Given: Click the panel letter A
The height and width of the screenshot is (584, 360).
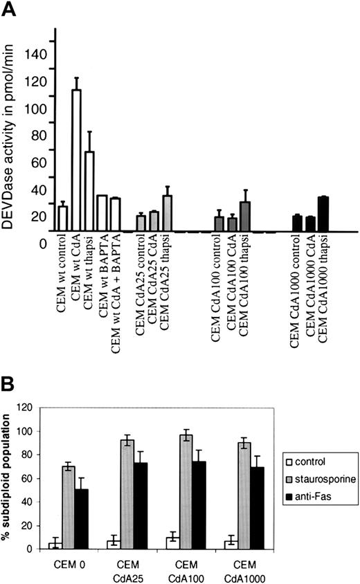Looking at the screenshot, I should coord(10,8).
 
